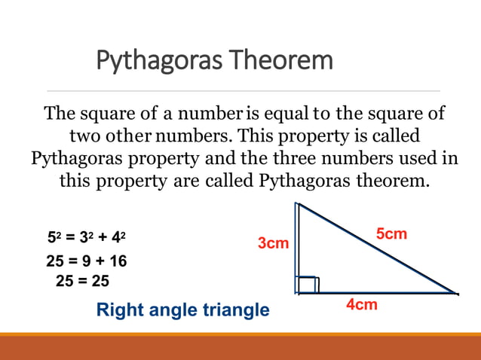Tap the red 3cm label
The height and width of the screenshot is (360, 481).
click(273, 243)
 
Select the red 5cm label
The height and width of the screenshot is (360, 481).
click(391, 234)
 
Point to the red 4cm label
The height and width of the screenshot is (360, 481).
click(362, 305)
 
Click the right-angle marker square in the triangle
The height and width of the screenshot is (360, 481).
click(308, 284)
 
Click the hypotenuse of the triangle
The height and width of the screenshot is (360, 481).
click(377, 248)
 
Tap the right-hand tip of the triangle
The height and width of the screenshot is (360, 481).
click(455, 293)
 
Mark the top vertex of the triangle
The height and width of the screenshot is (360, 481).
click(299, 203)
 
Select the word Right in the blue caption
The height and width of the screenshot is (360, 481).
click(121, 310)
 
